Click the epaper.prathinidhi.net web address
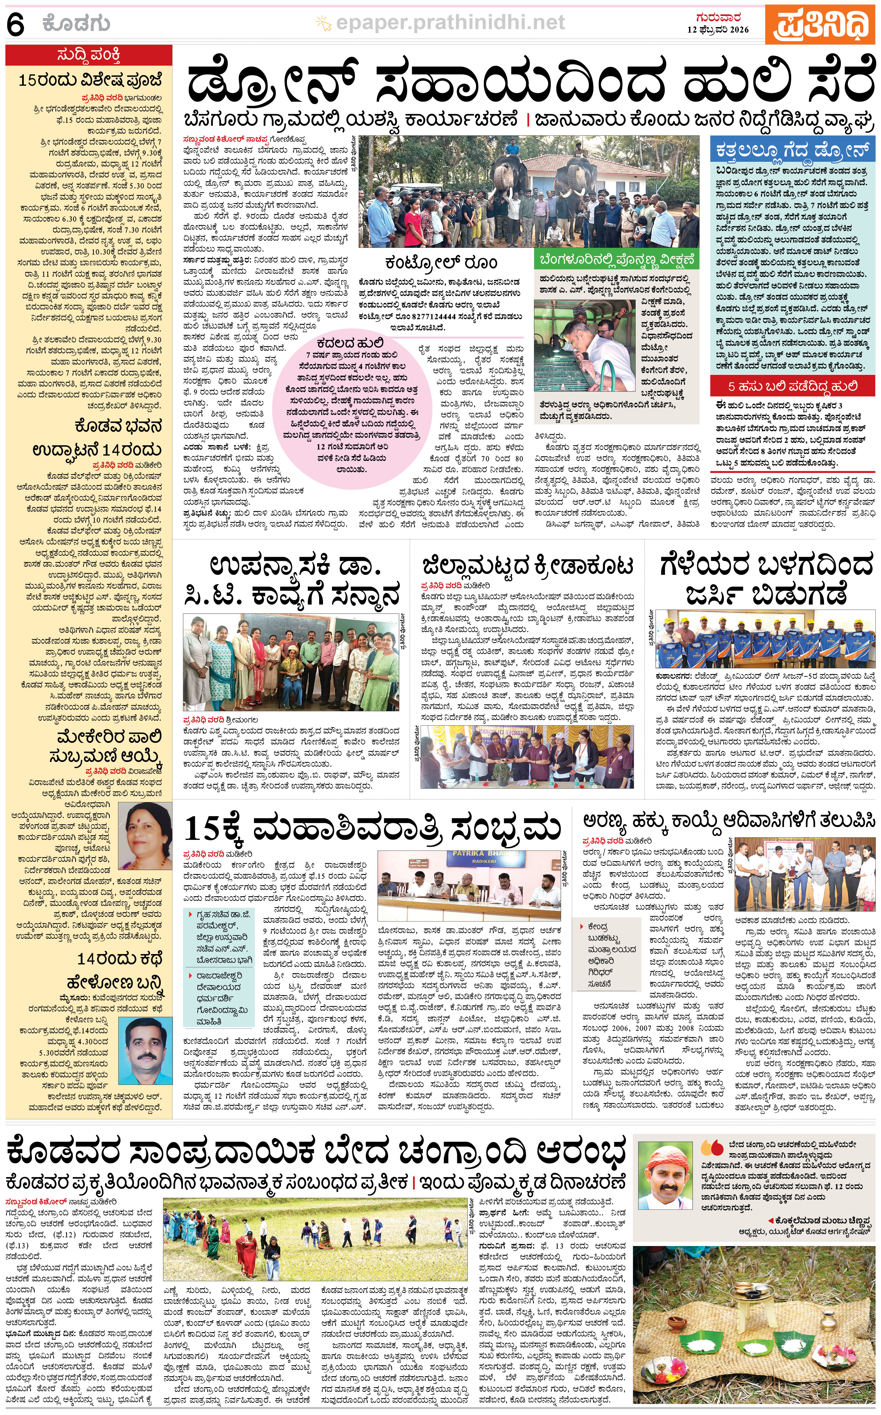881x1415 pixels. pos(450,23)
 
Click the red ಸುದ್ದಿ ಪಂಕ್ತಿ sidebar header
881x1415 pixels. pos(89,55)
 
